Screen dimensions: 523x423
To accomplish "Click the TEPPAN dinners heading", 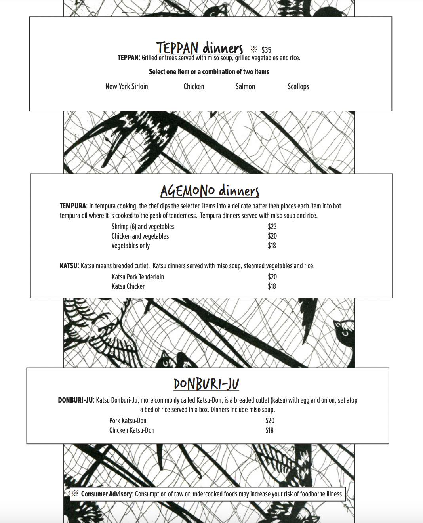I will pos(200,48).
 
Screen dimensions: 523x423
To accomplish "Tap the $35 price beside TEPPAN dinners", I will pos(266,50).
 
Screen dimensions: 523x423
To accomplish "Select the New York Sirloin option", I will pos(127,86).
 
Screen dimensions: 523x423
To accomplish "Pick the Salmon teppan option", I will pos(245,86).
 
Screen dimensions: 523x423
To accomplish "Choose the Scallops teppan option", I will pos(298,86).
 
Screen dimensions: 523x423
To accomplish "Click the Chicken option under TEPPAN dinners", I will pos(194,86).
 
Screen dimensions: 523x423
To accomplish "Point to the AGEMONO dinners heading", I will pos(210,191).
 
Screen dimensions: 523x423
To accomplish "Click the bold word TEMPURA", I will pos(73,206).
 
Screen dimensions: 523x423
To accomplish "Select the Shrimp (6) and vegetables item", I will pos(143,227).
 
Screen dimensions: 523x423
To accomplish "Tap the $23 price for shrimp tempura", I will pos(272,227).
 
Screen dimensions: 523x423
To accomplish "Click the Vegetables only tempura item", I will pos(131,246).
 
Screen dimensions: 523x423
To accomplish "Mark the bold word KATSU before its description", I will pos(69,266).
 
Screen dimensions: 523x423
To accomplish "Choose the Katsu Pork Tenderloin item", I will pos(138,277).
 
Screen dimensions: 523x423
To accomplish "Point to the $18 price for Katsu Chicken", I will pos(272,286).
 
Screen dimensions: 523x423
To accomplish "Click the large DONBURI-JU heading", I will pos(206,384).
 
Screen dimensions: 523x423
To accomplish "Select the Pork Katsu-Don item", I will pos(128,421).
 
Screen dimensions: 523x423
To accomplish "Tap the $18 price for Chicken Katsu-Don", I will pos(269,430).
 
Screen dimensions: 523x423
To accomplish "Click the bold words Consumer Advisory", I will pos(107,494).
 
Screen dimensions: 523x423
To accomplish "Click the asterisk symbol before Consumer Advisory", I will pos(75,494).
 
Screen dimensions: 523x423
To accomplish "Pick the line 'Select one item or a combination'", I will pos(209,72).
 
